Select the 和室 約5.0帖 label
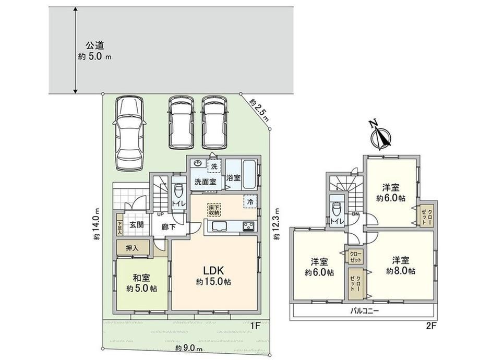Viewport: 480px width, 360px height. tap(141, 283)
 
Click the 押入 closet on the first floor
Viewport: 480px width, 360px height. tap(133, 248)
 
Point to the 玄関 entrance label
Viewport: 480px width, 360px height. tap(137, 224)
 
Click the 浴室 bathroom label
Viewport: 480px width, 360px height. tap(233, 177)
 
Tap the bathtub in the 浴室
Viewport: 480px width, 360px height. tap(250, 174)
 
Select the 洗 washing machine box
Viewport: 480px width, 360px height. tap(214, 166)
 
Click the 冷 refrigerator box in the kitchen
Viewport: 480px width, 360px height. tap(250, 202)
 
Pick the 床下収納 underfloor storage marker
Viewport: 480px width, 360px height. tap(215, 210)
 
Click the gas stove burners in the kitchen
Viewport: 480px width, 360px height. tap(249, 226)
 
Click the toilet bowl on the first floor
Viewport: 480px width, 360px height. tap(178, 191)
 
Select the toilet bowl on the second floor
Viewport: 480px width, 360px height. tap(337, 210)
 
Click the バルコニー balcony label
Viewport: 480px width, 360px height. tap(365, 311)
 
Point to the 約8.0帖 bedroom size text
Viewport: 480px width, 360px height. tap(401, 271)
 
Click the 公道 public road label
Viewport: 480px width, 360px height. tap(95, 45)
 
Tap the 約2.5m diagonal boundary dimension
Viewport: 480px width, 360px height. tap(259, 110)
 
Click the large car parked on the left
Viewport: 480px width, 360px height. tap(129, 134)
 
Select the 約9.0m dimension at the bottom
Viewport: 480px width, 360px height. tap(189, 348)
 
